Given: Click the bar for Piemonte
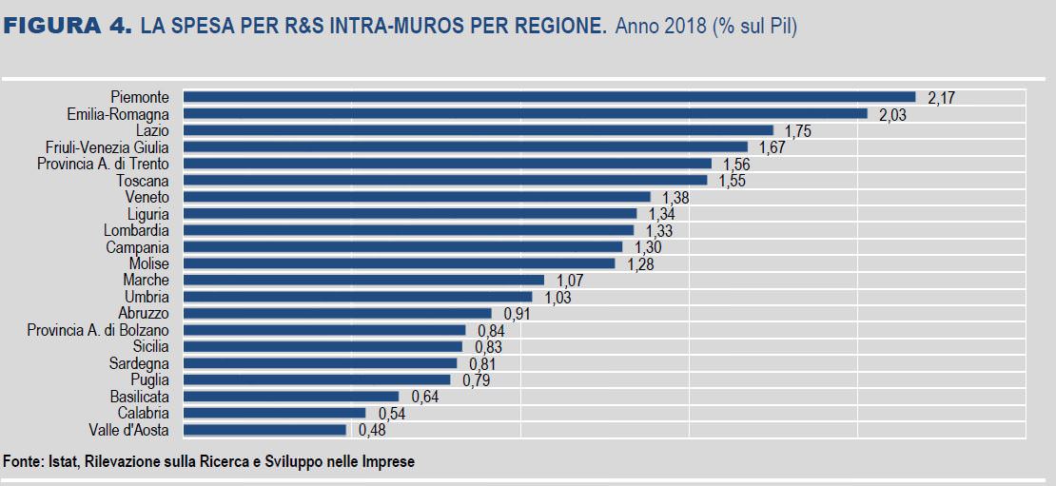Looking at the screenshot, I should point(549,97).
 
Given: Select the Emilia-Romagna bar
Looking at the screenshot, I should point(525,114).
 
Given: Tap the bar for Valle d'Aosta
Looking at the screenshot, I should point(264,430).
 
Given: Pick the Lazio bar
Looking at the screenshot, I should point(478,130).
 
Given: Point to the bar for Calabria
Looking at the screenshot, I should point(274,413).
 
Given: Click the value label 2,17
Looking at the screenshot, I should point(941,97).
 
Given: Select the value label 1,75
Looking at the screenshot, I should point(797,131).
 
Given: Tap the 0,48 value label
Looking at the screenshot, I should point(371,430).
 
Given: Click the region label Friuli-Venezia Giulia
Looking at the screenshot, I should point(108,147).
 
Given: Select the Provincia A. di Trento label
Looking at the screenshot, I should point(103,164).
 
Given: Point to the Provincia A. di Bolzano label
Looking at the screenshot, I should point(98,330).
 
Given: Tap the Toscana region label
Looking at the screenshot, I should point(143,181).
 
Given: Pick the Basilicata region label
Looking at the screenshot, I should point(140,397).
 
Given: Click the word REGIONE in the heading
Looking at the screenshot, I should point(558,27).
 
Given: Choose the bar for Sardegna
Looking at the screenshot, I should point(320,363).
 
